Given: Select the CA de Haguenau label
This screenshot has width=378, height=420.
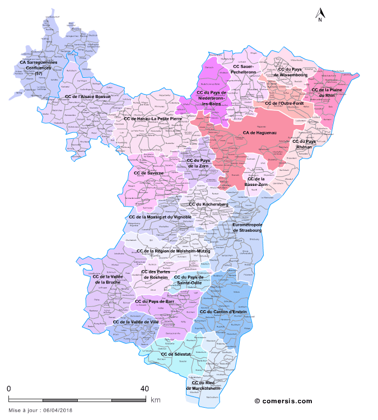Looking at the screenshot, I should click(261, 133).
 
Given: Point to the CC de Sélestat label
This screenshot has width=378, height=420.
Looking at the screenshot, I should click(175, 354).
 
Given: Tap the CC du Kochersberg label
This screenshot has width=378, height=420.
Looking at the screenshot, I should click(208, 204).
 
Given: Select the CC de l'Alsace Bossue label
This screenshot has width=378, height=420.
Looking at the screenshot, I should click(88, 96).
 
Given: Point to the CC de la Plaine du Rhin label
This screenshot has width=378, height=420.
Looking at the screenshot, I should click(327, 92).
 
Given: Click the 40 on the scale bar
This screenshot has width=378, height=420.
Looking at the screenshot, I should click(144, 389).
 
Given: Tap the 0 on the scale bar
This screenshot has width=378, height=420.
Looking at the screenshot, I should click(9, 389).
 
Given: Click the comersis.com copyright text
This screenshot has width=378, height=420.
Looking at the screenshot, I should click(283, 400).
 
